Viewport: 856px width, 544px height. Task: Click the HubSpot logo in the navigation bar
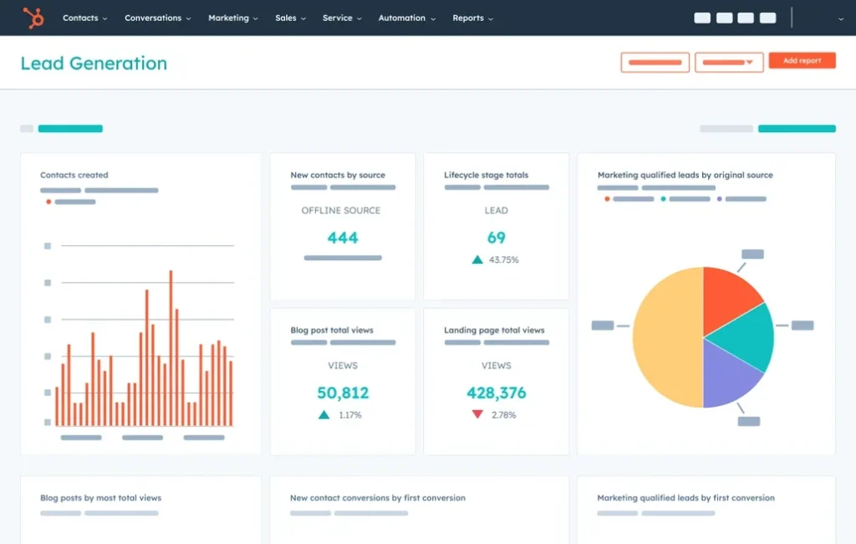(33, 18)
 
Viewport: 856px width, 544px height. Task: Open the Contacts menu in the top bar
(84, 18)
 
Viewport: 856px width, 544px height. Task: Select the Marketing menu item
(232, 18)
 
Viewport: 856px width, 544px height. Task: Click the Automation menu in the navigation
(405, 18)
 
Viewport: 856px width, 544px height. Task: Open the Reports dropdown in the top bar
(471, 18)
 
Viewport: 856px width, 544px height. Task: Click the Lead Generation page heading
(94, 64)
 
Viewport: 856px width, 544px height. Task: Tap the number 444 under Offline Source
(343, 238)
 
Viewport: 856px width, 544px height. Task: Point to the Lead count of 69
(497, 238)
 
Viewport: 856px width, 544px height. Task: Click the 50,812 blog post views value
(343, 393)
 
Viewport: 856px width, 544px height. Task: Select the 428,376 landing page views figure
(497, 393)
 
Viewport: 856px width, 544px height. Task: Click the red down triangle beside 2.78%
(477, 414)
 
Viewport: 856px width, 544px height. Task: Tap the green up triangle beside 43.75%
(477, 259)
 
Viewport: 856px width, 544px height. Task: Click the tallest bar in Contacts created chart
(171, 347)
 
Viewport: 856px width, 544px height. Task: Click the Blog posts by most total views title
(100, 498)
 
